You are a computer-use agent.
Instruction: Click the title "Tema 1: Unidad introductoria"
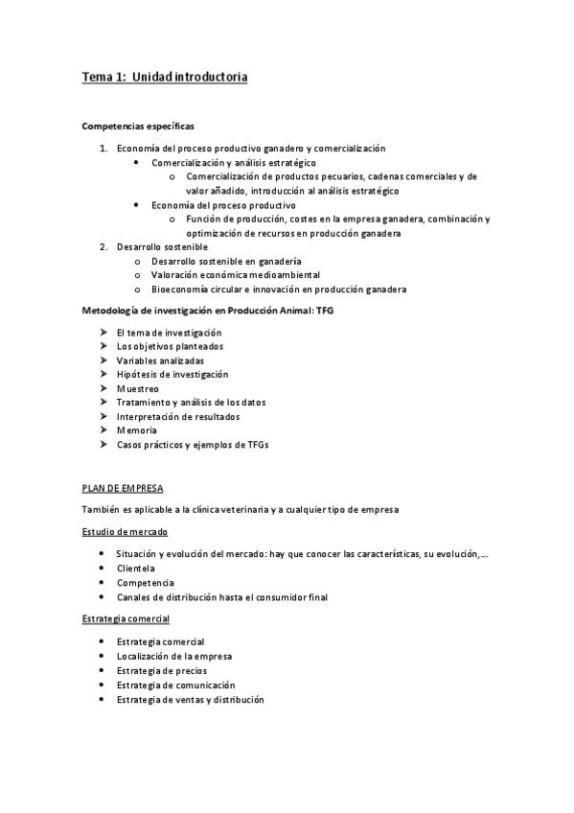pos(165,78)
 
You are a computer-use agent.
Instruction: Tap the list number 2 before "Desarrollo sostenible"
pos(103,246)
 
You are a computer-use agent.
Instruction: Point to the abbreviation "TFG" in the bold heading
pos(324,311)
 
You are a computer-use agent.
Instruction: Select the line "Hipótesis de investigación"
pos(172,374)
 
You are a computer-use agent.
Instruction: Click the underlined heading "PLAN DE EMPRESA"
pos(123,486)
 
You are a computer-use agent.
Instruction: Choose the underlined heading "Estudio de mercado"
pos(126,530)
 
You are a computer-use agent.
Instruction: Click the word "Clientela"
pos(136,568)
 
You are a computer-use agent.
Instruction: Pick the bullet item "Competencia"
pos(146,582)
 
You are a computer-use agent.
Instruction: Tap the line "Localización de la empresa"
pos(174,656)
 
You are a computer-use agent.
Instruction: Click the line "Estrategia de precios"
pos(161,670)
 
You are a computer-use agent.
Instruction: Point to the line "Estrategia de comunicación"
pos(175,685)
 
